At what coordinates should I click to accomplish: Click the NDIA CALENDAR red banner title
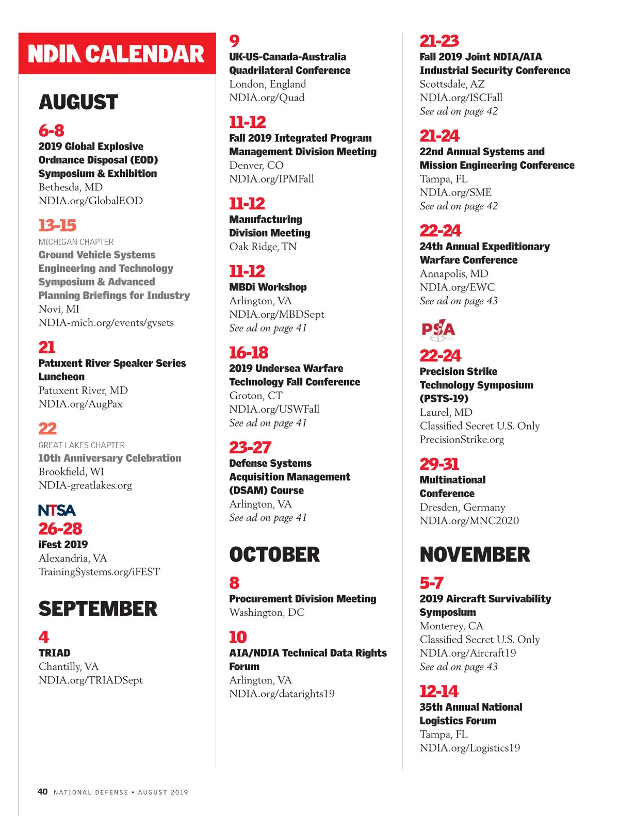pos(117,54)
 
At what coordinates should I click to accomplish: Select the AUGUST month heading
pos(78,102)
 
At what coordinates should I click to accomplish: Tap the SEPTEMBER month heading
pos(98,609)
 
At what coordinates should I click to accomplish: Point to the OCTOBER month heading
pos(274,554)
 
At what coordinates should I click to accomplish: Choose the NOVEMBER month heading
pos(475,554)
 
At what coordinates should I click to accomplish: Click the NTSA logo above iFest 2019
pos(57,510)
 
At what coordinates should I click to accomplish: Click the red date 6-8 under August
pos(52,130)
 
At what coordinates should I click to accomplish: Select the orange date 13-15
pos(57,225)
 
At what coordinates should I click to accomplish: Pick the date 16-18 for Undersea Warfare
pos(249,352)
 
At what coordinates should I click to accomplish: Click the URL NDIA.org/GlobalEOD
pos(91,201)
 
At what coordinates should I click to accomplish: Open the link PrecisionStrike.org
pos(462,439)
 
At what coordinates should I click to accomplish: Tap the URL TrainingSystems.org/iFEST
pos(99,572)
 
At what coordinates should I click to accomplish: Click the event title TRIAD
pos(54,652)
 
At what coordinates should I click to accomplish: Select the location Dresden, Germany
pos(462,507)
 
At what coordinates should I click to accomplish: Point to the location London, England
pos(268,84)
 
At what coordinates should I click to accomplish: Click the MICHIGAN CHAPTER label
pos(76,242)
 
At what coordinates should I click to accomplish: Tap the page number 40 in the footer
pos(43,792)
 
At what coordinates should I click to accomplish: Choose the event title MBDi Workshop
pos(268,287)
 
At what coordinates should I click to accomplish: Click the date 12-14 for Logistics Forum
pos(439,691)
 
